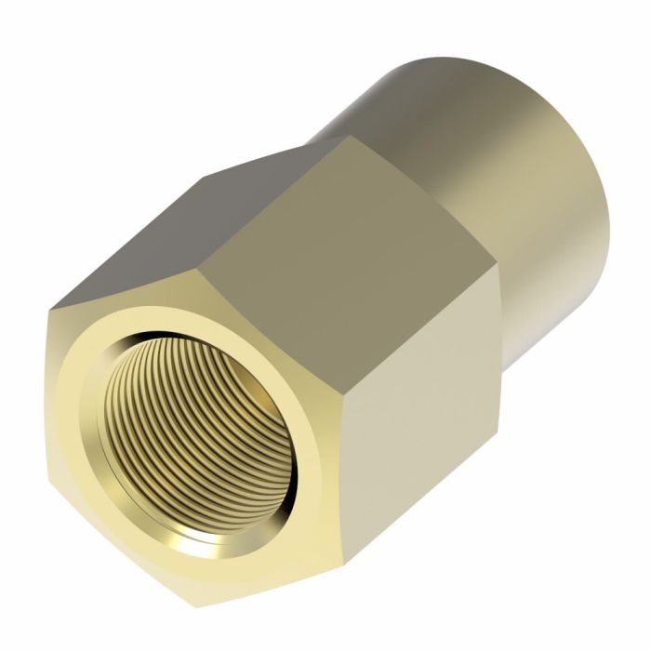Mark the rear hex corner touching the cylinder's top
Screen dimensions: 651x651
(x=348, y=136)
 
